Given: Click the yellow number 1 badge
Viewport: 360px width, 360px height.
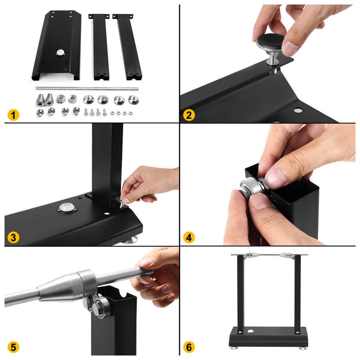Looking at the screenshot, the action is (13, 115).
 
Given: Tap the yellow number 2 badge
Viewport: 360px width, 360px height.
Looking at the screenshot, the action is (189, 115).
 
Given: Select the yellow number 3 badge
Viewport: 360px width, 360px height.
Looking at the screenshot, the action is (13, 238).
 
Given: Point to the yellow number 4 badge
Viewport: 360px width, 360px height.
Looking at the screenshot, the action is (189, 238).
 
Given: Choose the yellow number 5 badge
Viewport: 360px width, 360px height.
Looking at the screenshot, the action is (13, 347).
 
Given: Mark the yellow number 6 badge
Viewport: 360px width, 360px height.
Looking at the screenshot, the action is (189, 347).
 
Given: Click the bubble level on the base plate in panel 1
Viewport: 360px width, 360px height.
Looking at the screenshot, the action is (60, 52).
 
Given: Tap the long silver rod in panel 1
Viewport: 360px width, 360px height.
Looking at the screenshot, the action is (87, 88).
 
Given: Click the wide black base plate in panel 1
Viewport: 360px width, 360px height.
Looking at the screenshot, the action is (57, 45).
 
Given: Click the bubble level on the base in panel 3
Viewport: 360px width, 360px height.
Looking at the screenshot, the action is (67, 207).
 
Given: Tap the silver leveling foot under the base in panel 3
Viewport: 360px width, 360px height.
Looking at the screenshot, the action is (130, 240).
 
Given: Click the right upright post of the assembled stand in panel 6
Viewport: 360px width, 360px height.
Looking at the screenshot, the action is (297, 294).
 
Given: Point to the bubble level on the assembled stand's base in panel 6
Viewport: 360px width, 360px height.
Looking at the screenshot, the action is (251, 331).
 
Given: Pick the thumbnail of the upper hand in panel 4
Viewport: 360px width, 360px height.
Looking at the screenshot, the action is (276, 177).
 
